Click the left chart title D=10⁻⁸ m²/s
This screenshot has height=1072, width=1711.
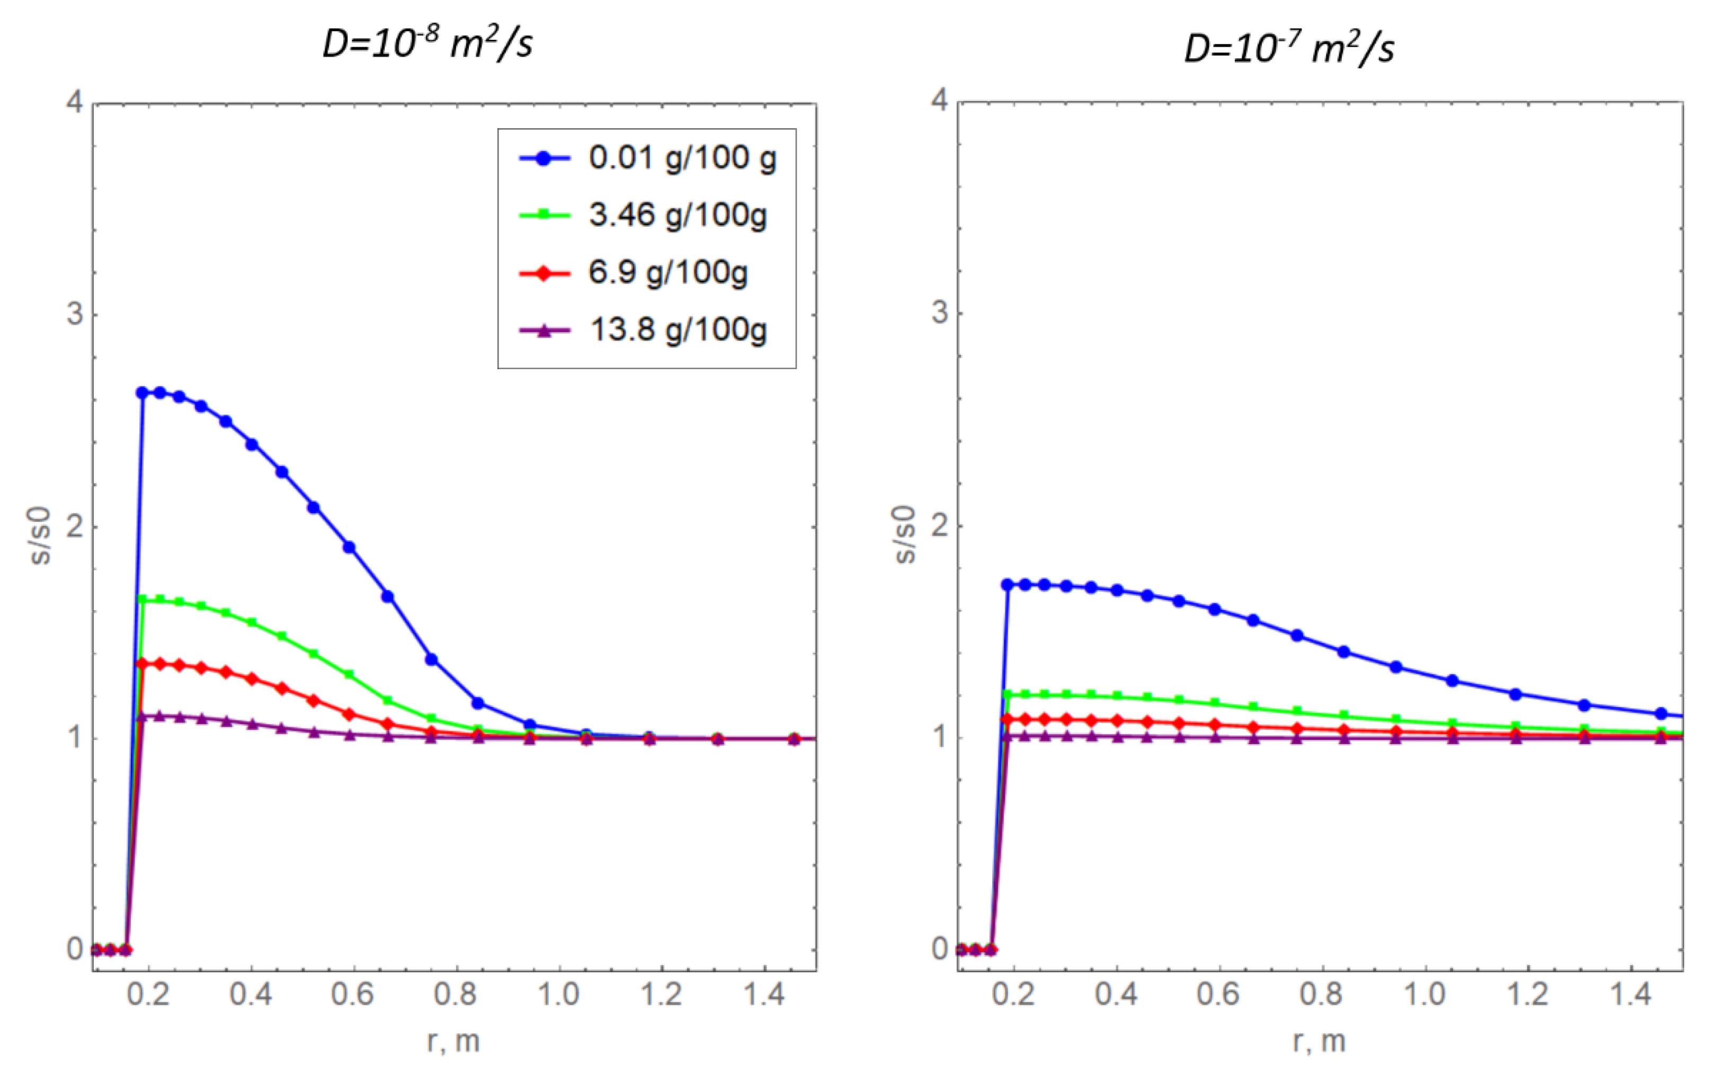427,44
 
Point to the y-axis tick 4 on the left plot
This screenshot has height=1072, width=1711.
75,103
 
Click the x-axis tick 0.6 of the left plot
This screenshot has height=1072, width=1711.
352,995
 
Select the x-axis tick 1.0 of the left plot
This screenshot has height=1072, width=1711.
558,995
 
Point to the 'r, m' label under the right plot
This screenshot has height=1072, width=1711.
1319,1041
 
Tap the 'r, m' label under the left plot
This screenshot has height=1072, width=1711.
454,1041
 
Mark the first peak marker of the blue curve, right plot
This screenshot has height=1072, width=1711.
1007,585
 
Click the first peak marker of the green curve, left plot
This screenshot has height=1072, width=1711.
142,599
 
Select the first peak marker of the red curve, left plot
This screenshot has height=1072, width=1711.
142,664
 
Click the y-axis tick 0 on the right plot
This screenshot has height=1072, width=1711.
940,949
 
